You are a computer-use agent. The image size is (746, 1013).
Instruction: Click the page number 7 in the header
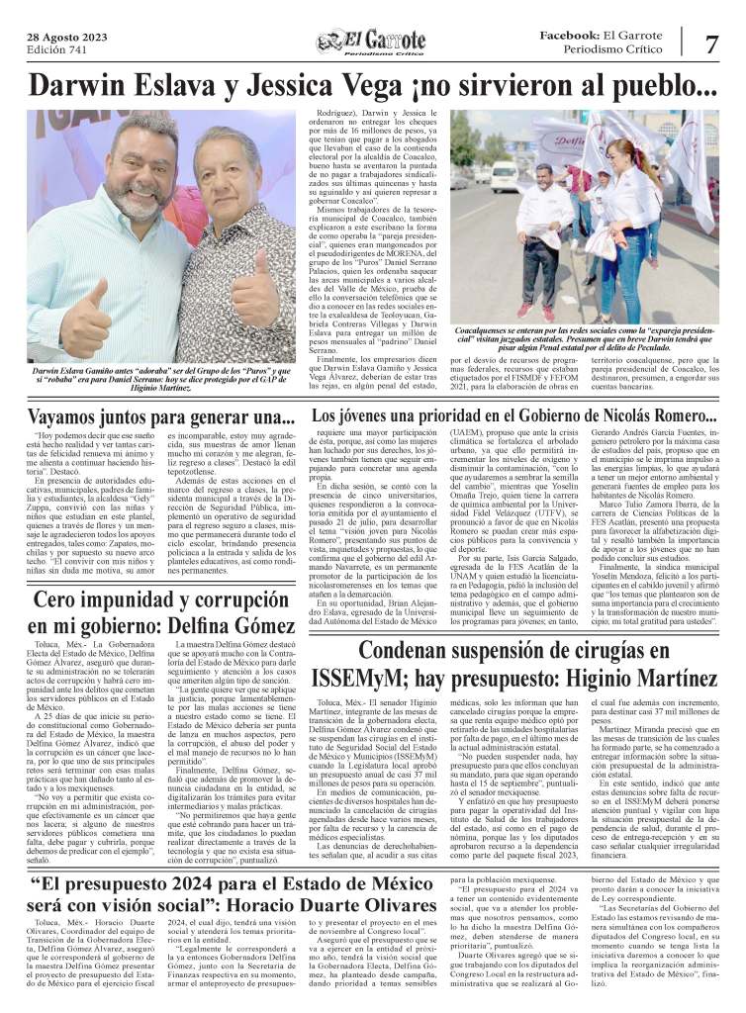coord(712,45)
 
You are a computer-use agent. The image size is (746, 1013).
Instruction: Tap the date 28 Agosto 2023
coord(67,37)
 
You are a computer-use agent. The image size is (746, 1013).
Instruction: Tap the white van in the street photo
coord(505,172)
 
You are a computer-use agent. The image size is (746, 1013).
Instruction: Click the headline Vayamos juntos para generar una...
coord(161,417)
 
